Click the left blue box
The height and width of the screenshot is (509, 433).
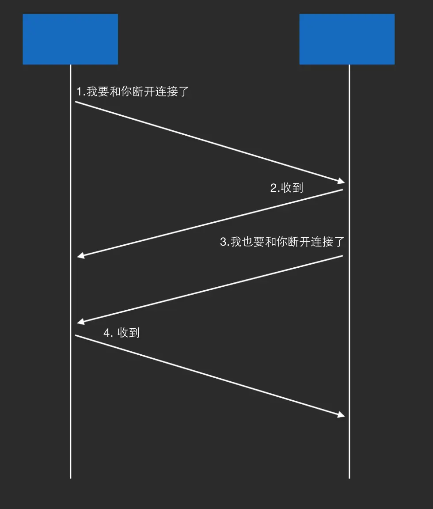(70, 39)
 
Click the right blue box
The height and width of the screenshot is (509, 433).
(347, 39)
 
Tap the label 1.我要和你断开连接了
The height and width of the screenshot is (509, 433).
(133, 92)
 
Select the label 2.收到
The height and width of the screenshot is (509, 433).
(287, 187)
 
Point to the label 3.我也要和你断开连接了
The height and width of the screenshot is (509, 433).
(282, 242)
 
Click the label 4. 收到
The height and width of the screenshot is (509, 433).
(122, 332)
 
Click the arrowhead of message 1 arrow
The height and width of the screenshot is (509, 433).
(342, 181)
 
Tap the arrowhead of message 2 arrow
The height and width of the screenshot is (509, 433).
(80, 256)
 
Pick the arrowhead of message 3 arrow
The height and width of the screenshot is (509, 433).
(80, 322)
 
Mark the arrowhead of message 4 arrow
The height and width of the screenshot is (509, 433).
(342, 415)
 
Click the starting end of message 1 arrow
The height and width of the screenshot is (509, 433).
(76, 102)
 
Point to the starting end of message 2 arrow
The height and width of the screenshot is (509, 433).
(342, 190)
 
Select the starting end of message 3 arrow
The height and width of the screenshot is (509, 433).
(342, 256)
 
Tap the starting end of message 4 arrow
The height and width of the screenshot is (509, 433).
(76, 335)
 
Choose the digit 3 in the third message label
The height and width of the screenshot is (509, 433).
(223, 242)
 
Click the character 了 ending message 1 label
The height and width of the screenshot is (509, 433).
(184, 92)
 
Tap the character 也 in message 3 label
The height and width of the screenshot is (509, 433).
(247, 242)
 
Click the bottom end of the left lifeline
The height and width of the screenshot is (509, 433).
(70, 477)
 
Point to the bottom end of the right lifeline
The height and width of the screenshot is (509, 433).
(349, 477)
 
